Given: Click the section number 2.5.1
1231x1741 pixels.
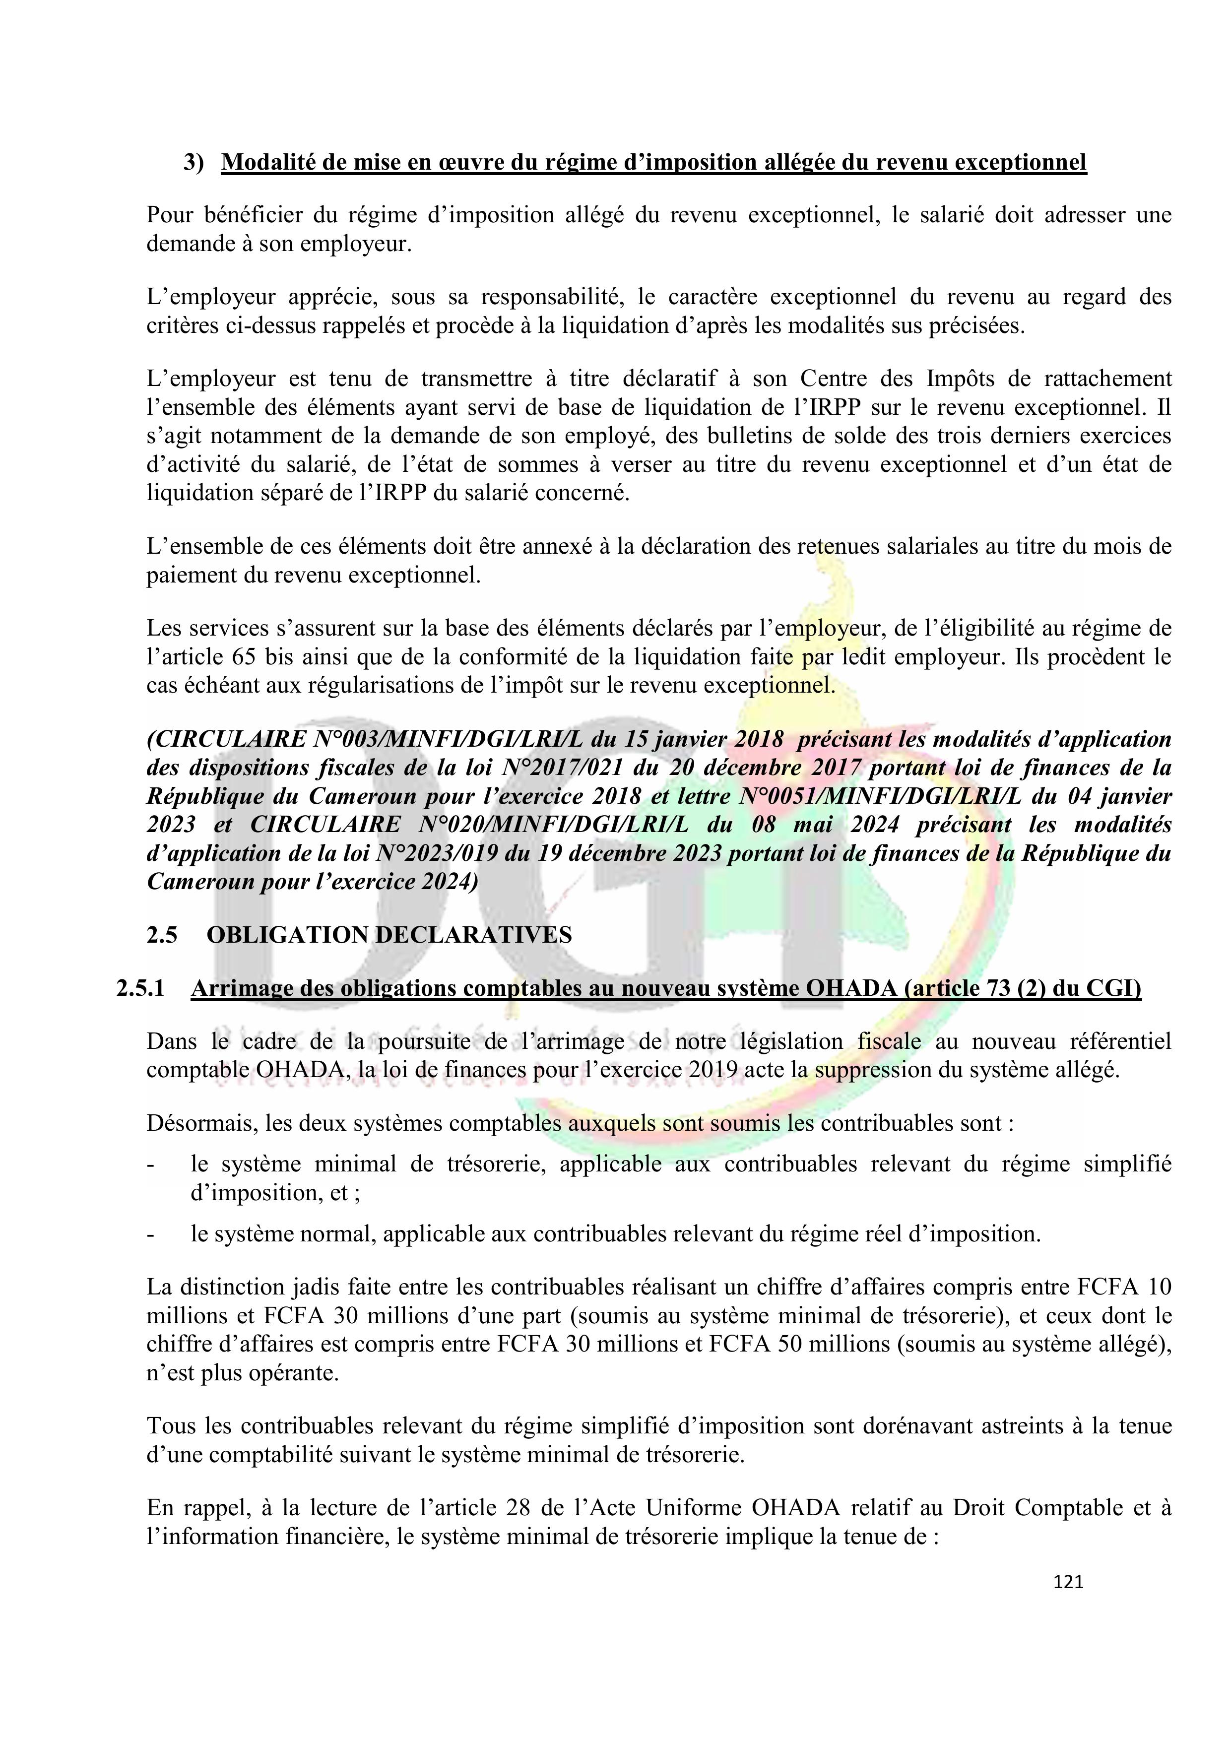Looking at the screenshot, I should pyautogui.click(x=140, y=989).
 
